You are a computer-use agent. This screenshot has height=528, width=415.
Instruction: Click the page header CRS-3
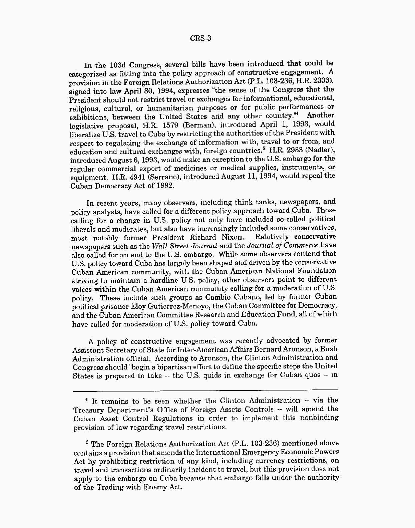[200, 38]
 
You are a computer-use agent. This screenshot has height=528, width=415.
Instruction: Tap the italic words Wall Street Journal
[184, 246]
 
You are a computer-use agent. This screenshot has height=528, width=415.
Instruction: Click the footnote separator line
[205, 389]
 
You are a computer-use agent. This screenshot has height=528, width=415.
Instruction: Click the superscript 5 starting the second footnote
[87, 442]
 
